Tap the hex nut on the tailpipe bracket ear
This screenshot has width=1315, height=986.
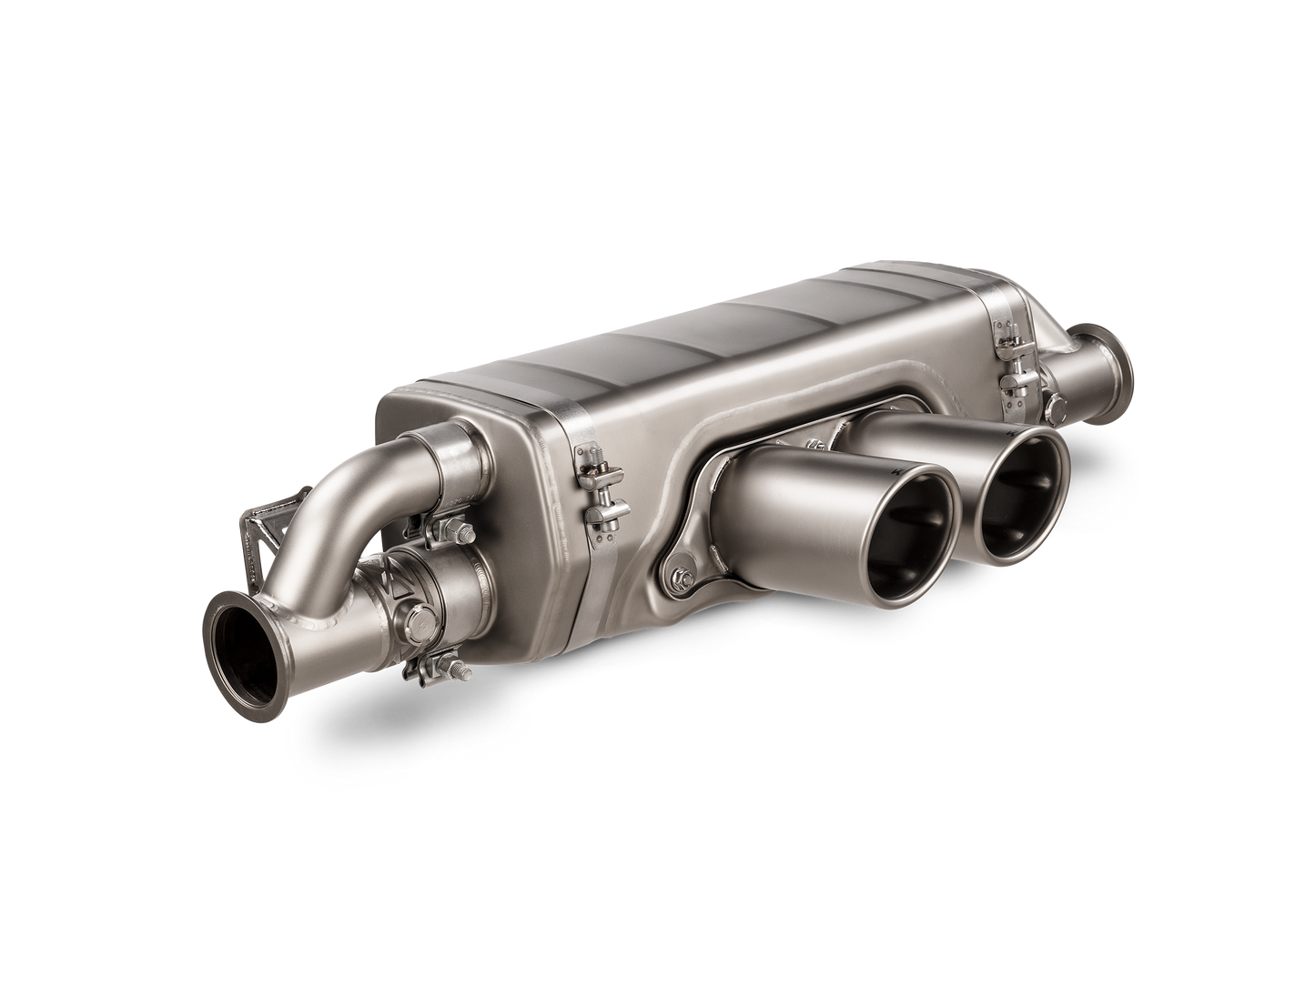pos(683,575)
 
